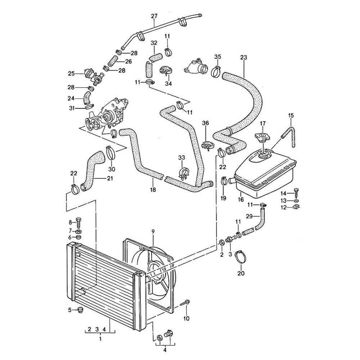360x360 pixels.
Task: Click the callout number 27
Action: point(154,16)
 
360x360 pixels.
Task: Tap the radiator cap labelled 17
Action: point(262,137)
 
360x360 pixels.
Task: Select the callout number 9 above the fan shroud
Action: point(153,231)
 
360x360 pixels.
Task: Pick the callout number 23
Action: point(244,57)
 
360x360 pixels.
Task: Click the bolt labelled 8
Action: point(80,222)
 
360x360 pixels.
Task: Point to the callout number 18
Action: point(153,190)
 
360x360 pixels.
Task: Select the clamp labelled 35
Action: point(216,71)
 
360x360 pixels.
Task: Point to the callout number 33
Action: point(181,158)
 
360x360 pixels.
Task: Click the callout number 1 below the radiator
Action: point(100,339)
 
